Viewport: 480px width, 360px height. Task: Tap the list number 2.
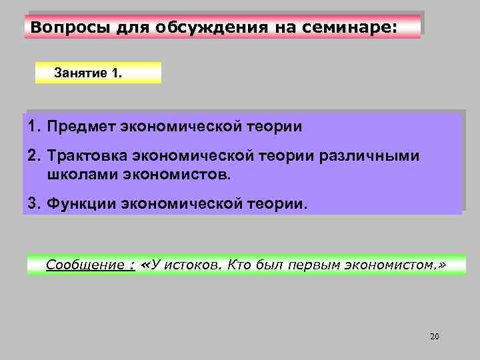pos(33,156)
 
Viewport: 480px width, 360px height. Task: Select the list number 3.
pos(33,201)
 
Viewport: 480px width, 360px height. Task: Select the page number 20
pos(435,336)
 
